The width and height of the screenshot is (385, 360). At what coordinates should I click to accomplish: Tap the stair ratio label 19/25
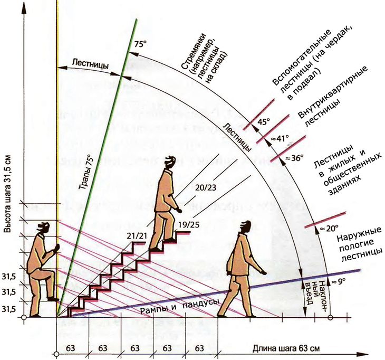tap(189, 225)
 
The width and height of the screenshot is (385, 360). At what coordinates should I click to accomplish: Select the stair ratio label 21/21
tap(137, 235)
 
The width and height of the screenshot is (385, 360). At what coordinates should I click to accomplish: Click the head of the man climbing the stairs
tap(168, 163)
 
